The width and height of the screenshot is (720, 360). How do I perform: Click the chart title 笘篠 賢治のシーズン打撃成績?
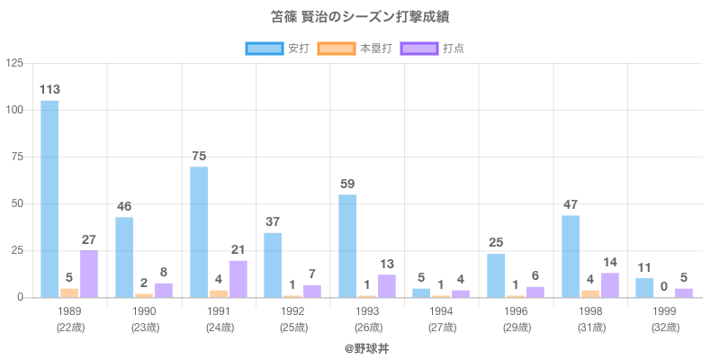359,17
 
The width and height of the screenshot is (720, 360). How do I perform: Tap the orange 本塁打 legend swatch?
335,48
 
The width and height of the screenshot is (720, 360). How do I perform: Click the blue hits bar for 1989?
49,198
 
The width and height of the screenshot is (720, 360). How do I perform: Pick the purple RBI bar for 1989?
88,274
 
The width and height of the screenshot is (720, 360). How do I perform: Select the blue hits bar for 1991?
199,231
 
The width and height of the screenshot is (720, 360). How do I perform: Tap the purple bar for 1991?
238,279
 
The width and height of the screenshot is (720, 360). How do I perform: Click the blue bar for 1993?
347,246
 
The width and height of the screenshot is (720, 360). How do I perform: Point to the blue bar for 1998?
571,256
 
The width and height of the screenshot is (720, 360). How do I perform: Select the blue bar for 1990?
124,256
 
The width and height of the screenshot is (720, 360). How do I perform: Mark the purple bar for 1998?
609,284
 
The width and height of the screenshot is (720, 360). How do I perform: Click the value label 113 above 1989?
49,89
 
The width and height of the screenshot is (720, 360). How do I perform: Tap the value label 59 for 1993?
347,184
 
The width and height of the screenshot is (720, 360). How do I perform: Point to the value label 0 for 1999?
664,286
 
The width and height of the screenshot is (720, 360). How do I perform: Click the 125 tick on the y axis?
15,63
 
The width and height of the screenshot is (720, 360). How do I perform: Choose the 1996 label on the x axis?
516,310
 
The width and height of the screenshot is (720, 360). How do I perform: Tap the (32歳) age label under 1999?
665,327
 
